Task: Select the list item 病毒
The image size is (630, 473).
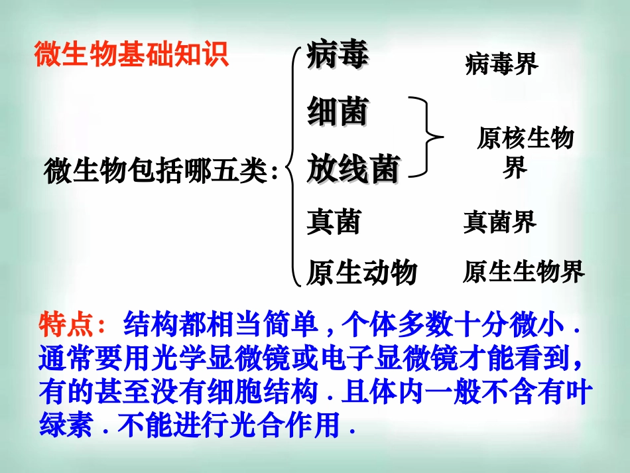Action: coord(338,55)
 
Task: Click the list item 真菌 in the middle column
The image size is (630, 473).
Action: coord(334,222)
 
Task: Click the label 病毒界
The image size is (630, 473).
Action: coord(501,64)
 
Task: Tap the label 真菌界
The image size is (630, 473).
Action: coord(499,222)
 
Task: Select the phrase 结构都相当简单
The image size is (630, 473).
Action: coord(219,325)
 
